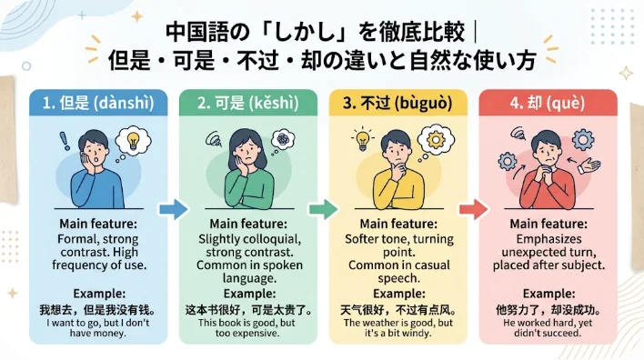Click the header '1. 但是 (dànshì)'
coord(98,103)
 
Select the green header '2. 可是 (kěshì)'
coord(248,103)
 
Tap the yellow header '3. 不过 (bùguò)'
coord(398,103)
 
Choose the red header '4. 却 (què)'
coord(548,103)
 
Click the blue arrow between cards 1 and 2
coord(174,209)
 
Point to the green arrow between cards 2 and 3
coord(324,209)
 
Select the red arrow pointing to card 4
coord(474,209)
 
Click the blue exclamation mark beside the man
coord(65,141)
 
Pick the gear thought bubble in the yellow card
coord(436,141)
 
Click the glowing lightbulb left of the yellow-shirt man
coord(363,139)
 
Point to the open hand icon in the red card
coord(589,165)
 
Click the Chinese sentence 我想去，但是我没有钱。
coord(97,309)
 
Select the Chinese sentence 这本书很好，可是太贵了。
coord(248,309)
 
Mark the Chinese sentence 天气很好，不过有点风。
coord(398,309)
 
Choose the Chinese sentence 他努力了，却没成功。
coord(548,309)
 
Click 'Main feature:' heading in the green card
coord(248,224)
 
